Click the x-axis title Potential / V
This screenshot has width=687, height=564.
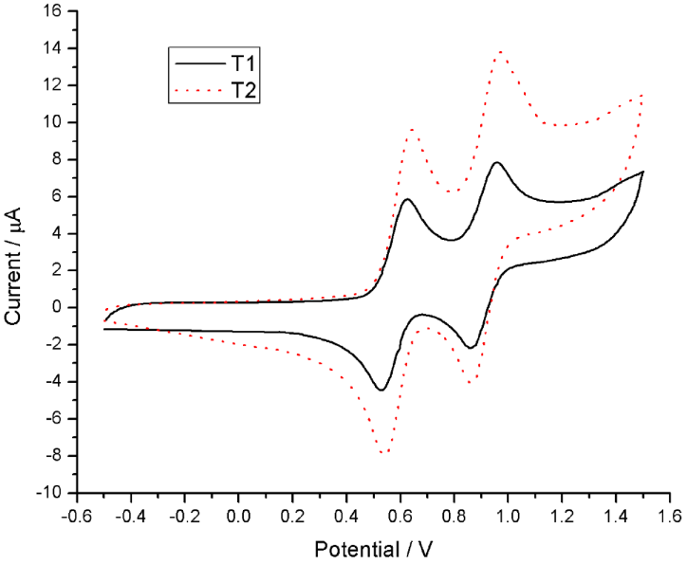(x=374, y=548)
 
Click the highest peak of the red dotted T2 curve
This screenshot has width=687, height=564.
(x=500, y=52)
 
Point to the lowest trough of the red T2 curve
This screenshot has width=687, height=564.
(x=383, y=453)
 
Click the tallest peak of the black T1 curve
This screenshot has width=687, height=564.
(x=496, y=163)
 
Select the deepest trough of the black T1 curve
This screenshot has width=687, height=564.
(x=381, y=390)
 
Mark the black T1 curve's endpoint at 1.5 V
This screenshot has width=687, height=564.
(x=643, y=172)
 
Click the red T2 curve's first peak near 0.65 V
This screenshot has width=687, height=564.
(x=413, y=129)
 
